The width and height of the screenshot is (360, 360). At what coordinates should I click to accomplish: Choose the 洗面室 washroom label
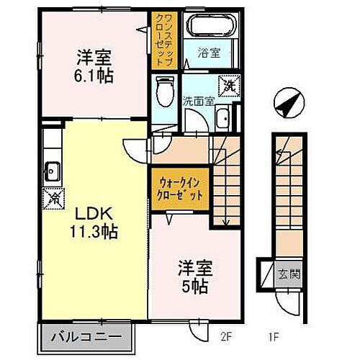coord(198,101)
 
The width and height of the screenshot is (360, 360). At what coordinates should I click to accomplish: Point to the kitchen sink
coord(52,171)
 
